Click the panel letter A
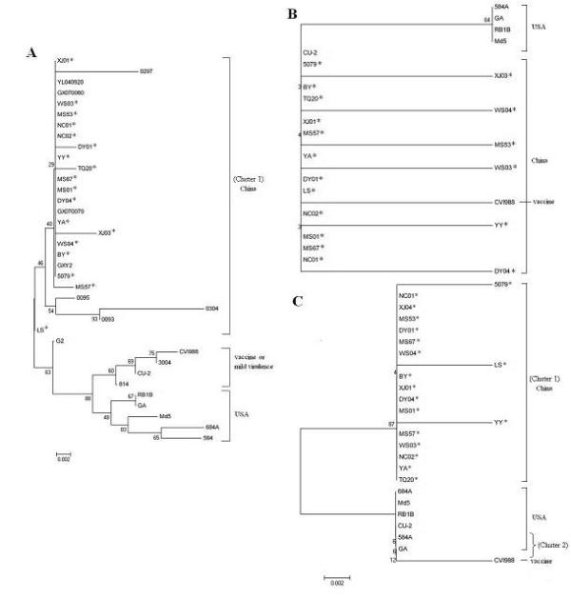point(30,55)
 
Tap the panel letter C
point(297,301)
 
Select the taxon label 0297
point(146,70)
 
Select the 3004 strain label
point(164,362)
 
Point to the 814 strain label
point(122,383)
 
